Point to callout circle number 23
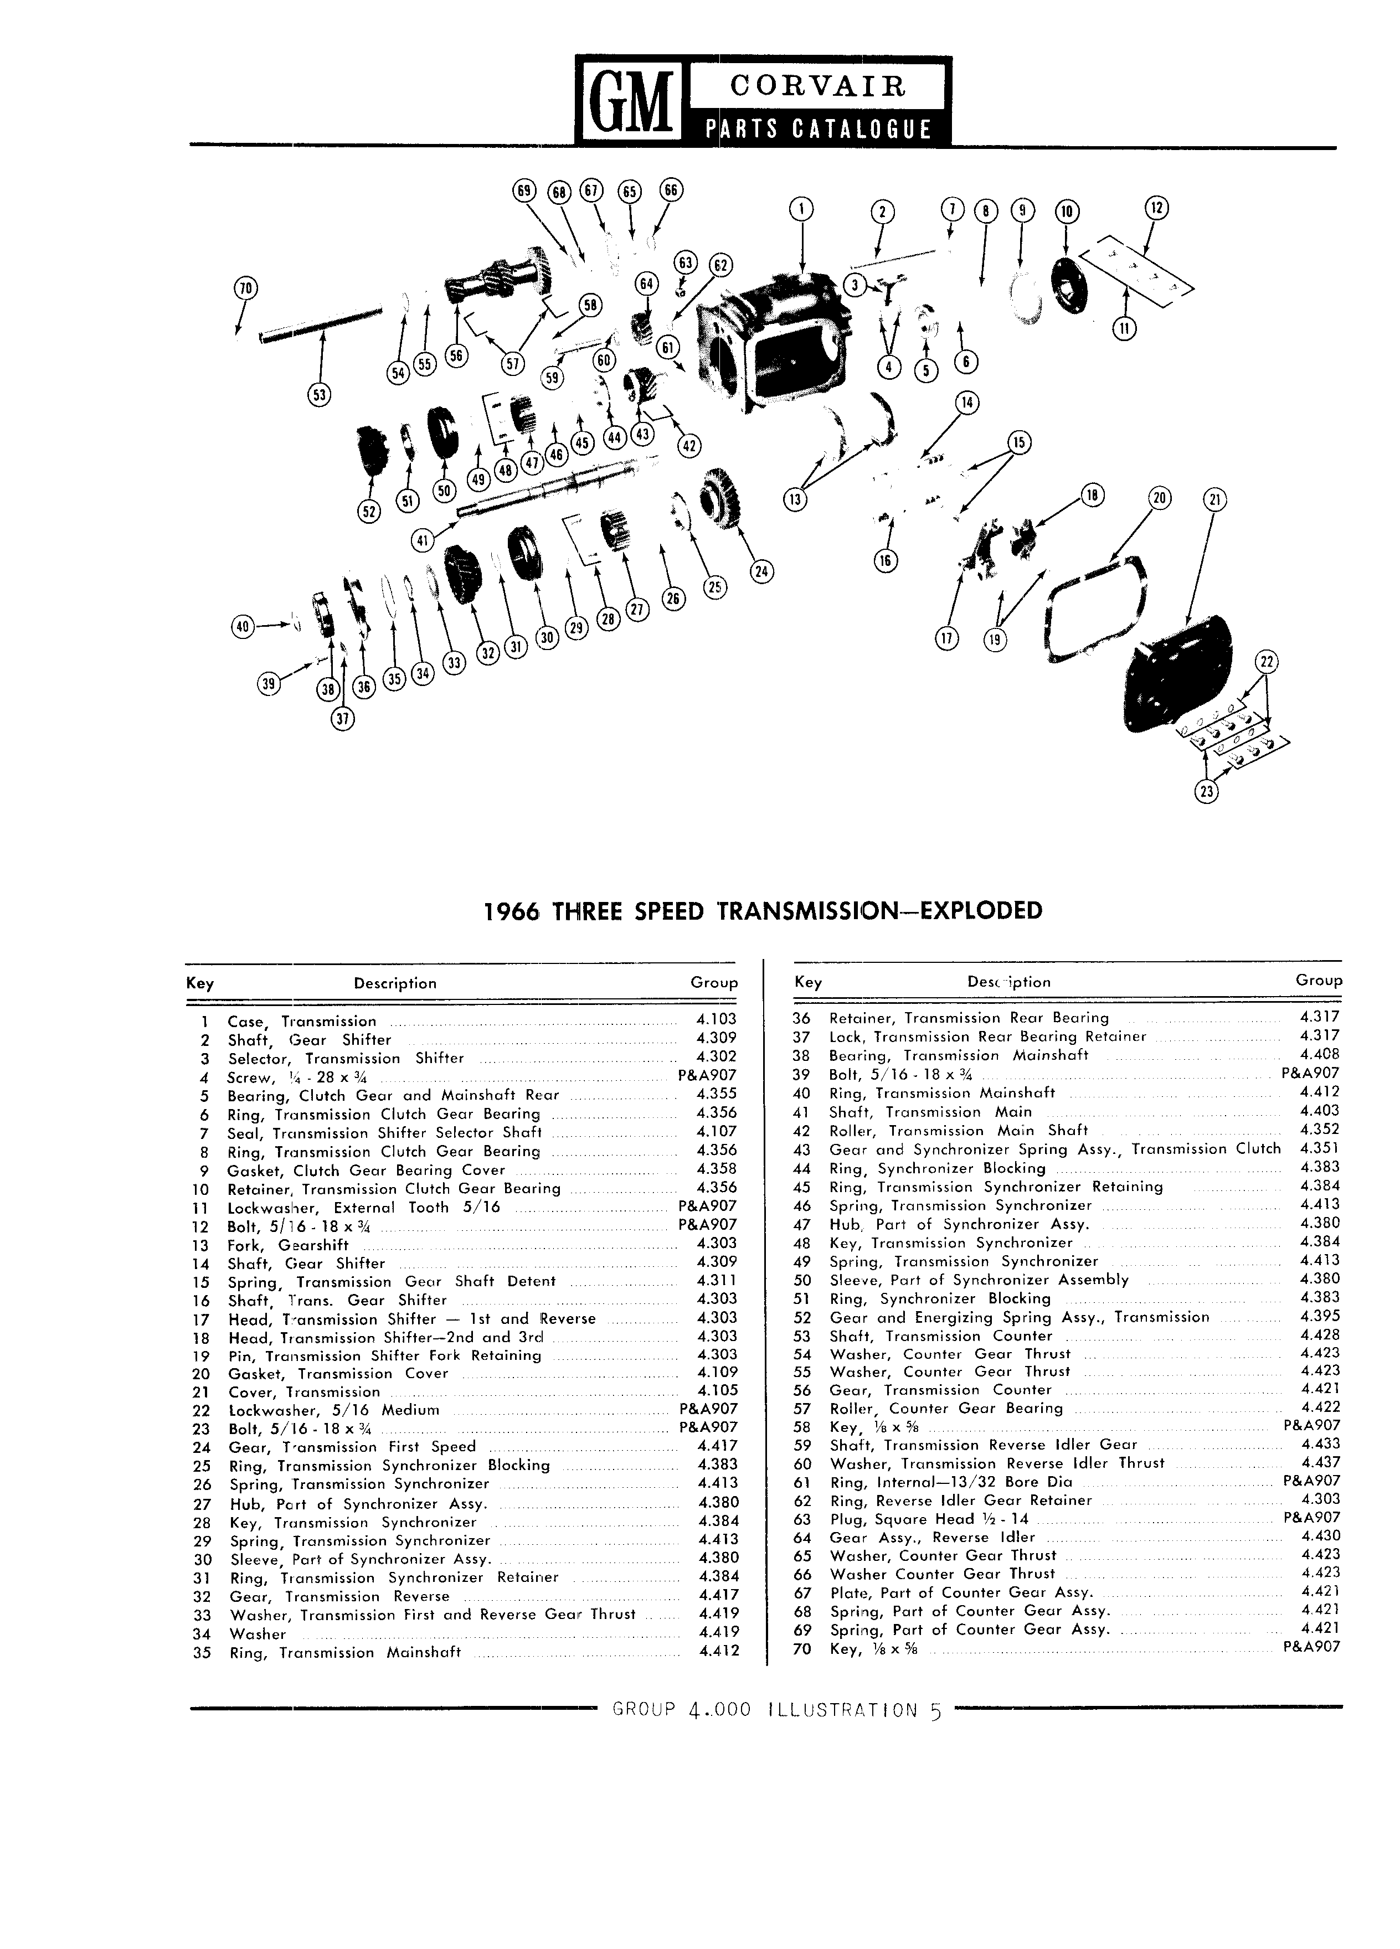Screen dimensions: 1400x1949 pos(1207,791)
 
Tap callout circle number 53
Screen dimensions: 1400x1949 pos(320,394)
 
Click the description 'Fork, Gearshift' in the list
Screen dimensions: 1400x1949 pos(288,1244)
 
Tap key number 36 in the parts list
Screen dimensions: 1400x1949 pos(802,1018)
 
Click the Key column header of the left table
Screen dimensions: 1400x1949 pos(200,983)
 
